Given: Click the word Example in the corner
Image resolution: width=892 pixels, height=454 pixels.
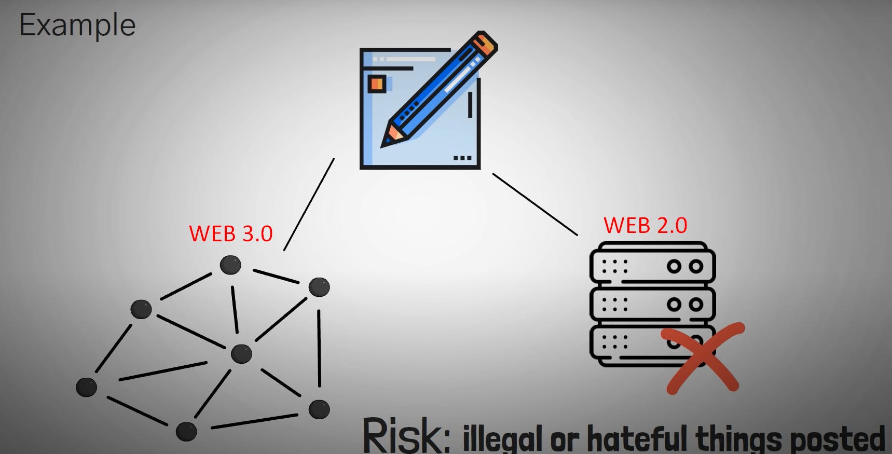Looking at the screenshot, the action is (x=77, y=25).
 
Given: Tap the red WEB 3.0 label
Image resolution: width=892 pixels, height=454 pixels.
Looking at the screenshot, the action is (x=230, y=234).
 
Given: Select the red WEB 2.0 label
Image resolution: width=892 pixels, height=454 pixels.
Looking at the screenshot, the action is (x=645, y=226).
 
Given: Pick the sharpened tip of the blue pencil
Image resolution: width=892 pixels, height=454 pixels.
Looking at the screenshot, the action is (x=388, y=140).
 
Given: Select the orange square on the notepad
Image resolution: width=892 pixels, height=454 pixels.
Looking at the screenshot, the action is (x=376, y=84).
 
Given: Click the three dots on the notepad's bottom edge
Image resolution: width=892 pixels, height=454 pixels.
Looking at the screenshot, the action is (x=462, y=158).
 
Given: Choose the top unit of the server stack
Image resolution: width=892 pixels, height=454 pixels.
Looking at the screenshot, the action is (x=652, y=266).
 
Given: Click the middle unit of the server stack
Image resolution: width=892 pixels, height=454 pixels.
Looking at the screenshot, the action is (x=652, y=304).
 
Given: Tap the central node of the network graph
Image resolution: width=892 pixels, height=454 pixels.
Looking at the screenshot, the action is (x=241, y=354).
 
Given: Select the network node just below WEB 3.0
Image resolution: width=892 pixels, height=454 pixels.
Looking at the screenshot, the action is (x=230, y=265).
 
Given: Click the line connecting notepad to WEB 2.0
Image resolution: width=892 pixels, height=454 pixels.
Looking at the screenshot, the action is (x=535, y=204).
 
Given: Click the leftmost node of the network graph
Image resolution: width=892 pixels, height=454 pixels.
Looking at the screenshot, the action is (x=86, y=387).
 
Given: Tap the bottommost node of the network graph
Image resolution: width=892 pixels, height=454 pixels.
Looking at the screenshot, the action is (x=186, y=431).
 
